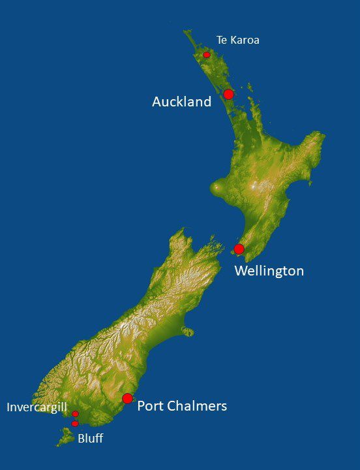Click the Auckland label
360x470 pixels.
coord(181,102)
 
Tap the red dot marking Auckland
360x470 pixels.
coord(228,94)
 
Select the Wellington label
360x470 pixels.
coord(269,270)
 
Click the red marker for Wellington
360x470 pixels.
coord(239,249)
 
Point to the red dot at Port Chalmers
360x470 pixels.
coord(127,398)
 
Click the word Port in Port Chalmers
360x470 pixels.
coord(151,406)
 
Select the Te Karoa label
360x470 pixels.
coord(237,40)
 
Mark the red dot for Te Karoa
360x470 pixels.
coord(207,55)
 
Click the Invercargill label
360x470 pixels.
coord(37,407)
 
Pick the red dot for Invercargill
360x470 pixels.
coord(75,414)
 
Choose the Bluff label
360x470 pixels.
coord(90,439)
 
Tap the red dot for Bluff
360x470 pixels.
coord(75,424)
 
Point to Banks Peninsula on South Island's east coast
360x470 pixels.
coord(187,331)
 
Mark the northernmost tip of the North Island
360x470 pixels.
coord(187,31)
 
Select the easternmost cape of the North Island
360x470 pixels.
coord(322,135)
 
